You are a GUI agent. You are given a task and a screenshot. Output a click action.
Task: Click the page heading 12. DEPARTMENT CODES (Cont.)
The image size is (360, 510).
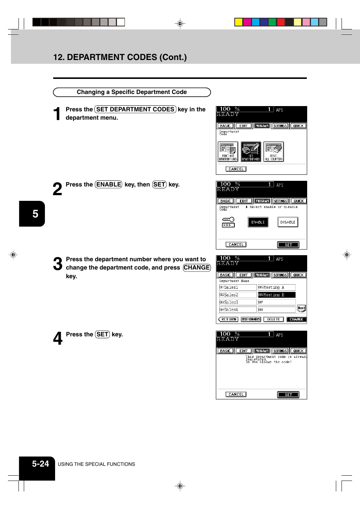click(x=120, y=57)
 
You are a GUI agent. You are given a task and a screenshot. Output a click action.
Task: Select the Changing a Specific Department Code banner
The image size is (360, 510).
click(x=132, y=92)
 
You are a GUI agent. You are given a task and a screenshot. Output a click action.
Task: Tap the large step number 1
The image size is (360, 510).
click(x=57, y=114)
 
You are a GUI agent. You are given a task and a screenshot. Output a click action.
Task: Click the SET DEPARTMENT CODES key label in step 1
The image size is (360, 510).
click(x=135, y=109)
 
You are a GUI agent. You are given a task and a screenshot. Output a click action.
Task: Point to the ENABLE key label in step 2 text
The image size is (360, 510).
click(x=109, y=185)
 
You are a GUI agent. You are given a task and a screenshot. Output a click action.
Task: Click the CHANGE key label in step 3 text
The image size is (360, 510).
click(x=197, y=268)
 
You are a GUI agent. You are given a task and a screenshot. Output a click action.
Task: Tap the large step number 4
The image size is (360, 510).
click(x=57, y=339)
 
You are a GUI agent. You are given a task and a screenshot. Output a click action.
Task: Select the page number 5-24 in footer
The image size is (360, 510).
click(x=40, y=464)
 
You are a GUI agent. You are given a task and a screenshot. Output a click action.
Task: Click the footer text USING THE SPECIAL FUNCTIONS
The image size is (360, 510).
click(x=96, y=464)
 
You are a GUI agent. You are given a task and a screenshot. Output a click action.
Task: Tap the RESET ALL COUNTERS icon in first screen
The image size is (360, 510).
click(x=274, y=152)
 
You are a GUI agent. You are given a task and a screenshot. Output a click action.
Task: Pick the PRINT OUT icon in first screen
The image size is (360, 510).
click(x=228, y=152)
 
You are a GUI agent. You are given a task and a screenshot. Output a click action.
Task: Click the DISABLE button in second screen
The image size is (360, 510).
click(x=288, y=222)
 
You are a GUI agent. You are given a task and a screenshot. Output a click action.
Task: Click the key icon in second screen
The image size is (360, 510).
click(x=228, y=222)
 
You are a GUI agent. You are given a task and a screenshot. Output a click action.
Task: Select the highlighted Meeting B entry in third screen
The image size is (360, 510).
click(x=277, y=295)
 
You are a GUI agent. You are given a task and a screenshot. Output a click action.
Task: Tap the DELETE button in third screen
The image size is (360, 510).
click(x=274, y=319)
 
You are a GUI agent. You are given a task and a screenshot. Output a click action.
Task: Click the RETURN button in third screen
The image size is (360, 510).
click(x=229, y=319)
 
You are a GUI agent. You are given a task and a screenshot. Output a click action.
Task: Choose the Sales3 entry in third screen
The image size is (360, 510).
click(x=238, y=302)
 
